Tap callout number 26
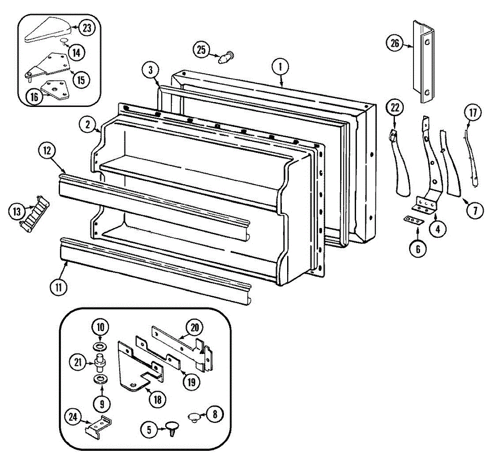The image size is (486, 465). tap(395, 43)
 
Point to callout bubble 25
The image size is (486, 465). tap(201, 50)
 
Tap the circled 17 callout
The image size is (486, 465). tap(473, 113)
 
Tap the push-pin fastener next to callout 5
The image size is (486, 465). tap(172, 427)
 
